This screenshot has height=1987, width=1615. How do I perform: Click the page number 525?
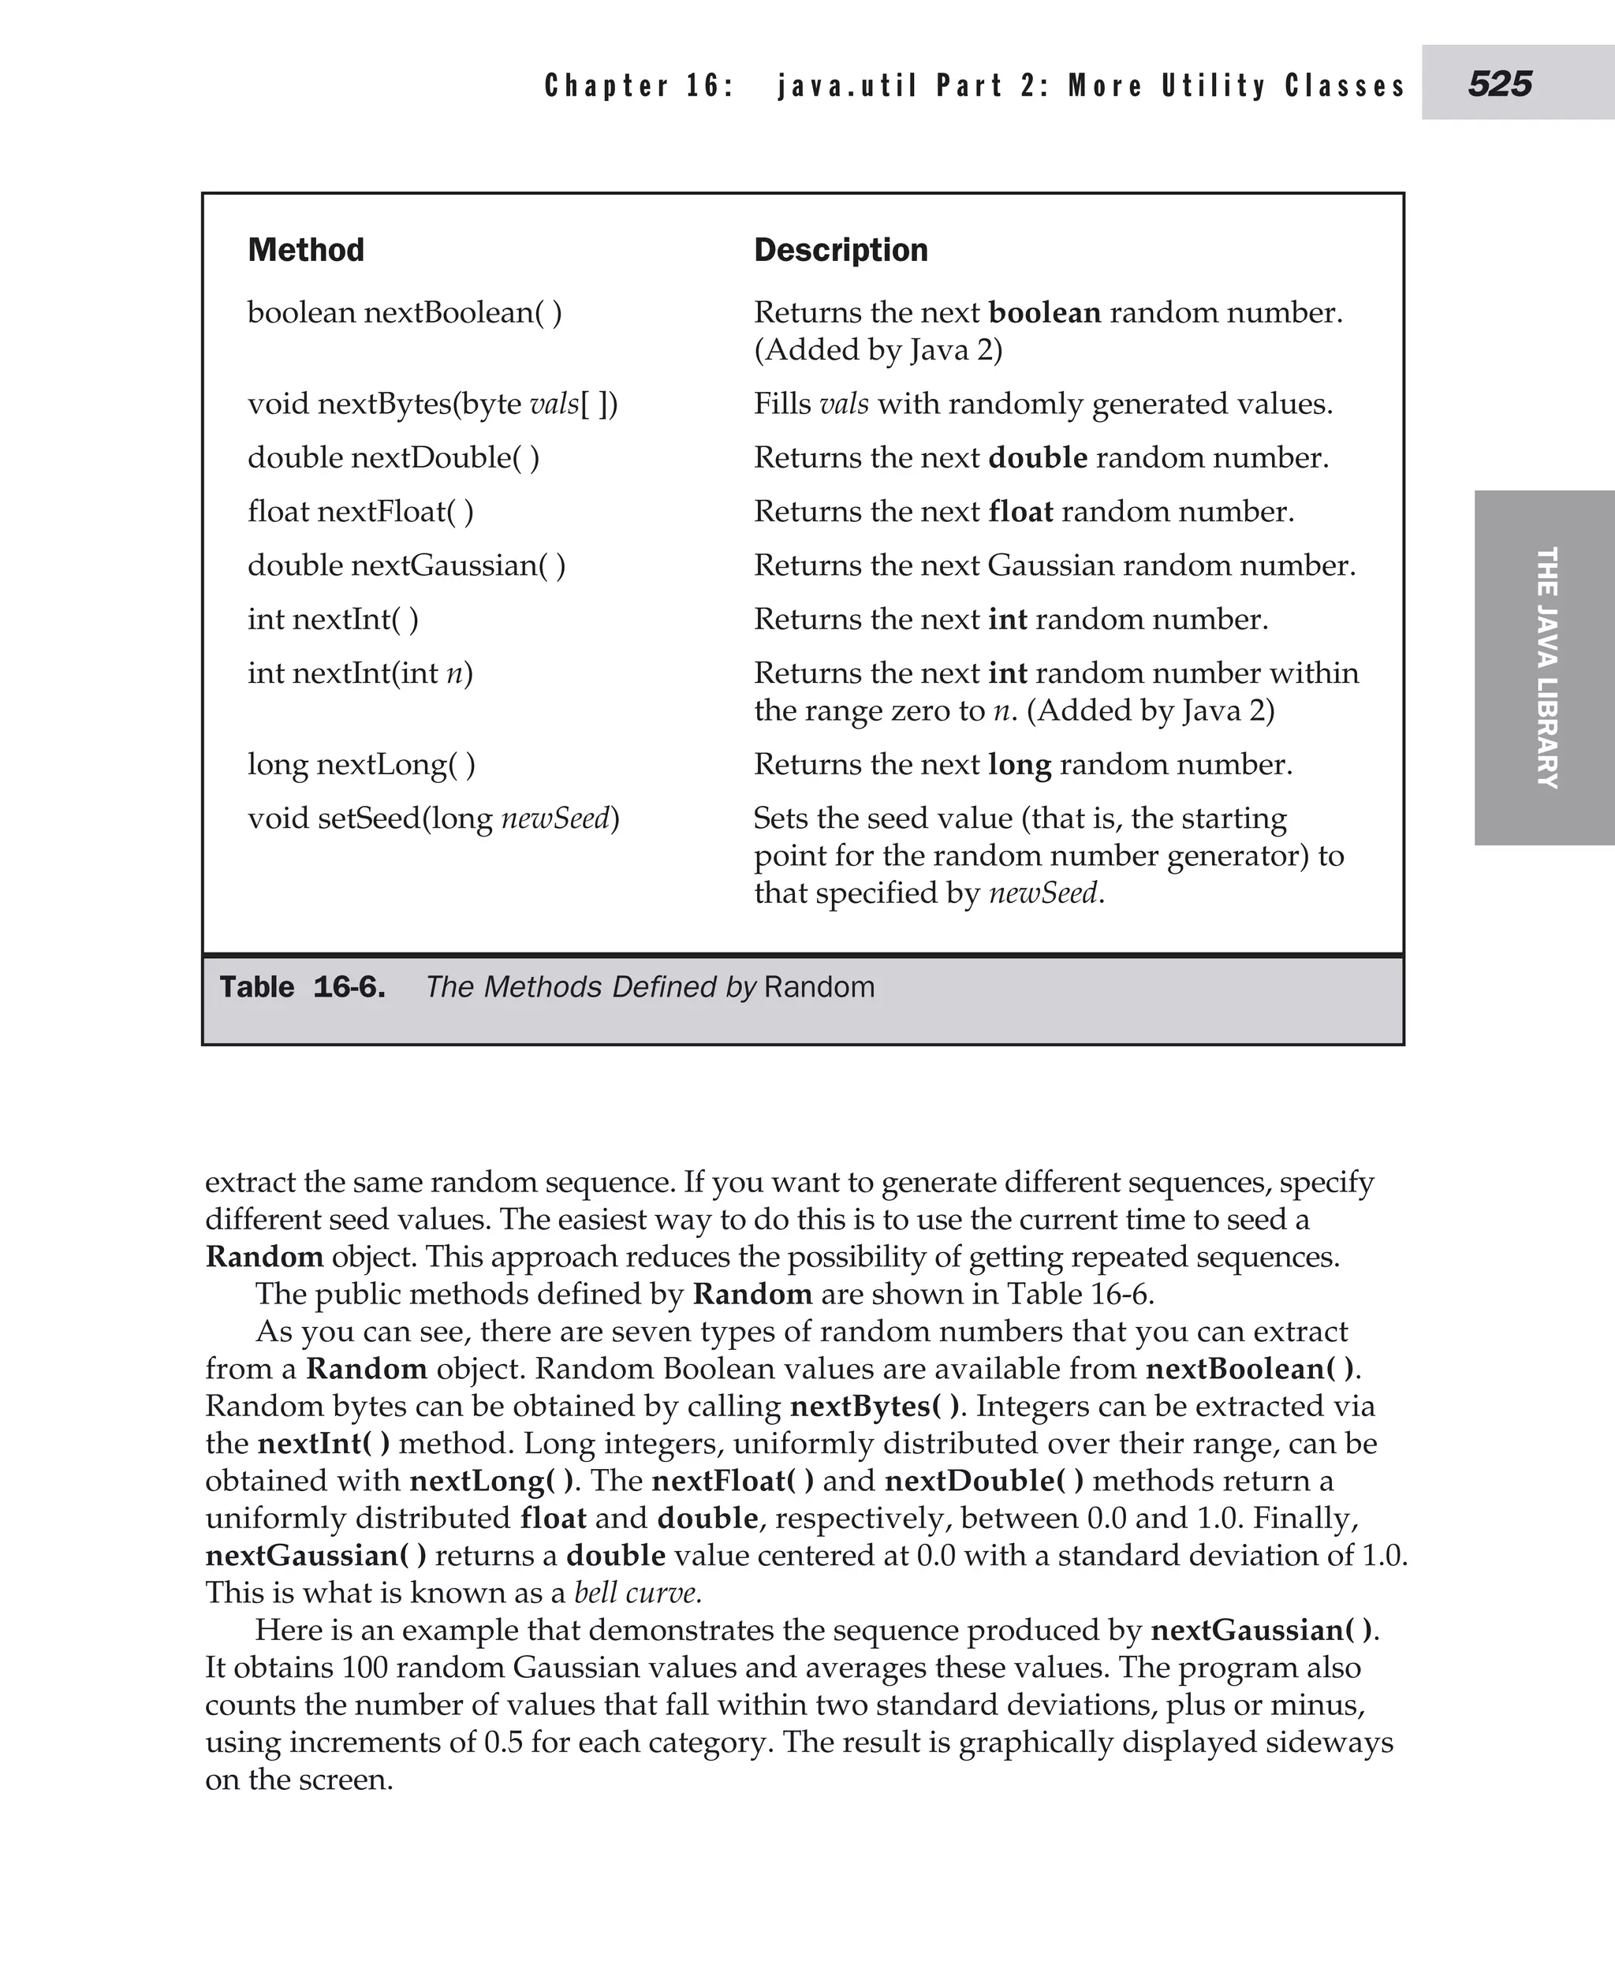click(x=1500, y=84)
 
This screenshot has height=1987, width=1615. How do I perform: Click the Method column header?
click(x=305, y=250)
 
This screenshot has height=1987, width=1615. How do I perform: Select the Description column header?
click(x=840, y=250)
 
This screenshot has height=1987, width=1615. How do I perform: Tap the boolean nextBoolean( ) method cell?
click(x=404, y=312)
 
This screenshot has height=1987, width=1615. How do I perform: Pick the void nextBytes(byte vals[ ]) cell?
click(x=433, y=404)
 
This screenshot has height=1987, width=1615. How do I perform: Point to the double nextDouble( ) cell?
click(x=393, y=457)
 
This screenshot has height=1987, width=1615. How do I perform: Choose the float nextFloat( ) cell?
click(x=360, y=512)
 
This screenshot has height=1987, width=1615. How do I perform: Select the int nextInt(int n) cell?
click(x=360, y=673)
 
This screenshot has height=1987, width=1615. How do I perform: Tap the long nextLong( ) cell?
click(x=361, y=765)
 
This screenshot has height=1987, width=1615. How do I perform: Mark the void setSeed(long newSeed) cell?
click(x=433, y=818)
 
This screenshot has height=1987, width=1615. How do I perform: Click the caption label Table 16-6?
click(x=302, y=987)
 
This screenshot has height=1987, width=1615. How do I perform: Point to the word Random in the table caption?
click(x=819, y=987)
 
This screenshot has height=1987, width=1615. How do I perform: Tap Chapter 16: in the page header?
click(x=639, y=86)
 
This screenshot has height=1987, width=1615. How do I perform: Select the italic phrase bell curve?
click(x=637, y=1593)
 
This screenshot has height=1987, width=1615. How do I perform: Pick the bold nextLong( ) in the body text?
click(x=491, y=1481)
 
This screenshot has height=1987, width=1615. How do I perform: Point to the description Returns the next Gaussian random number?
click(x=1054, y=565)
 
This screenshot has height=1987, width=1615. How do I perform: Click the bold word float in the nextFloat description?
click(x=1020, y=512)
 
